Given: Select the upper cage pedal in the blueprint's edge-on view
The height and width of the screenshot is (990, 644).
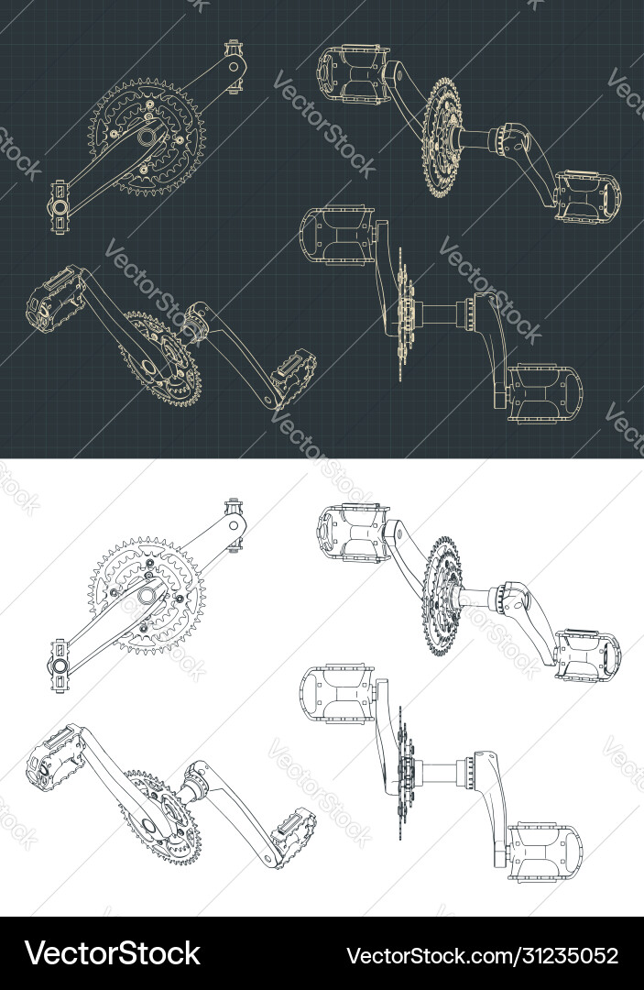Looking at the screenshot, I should click(x=340, y=233).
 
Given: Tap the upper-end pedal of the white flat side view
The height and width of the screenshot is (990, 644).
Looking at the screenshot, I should click(x=234, y=523).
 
